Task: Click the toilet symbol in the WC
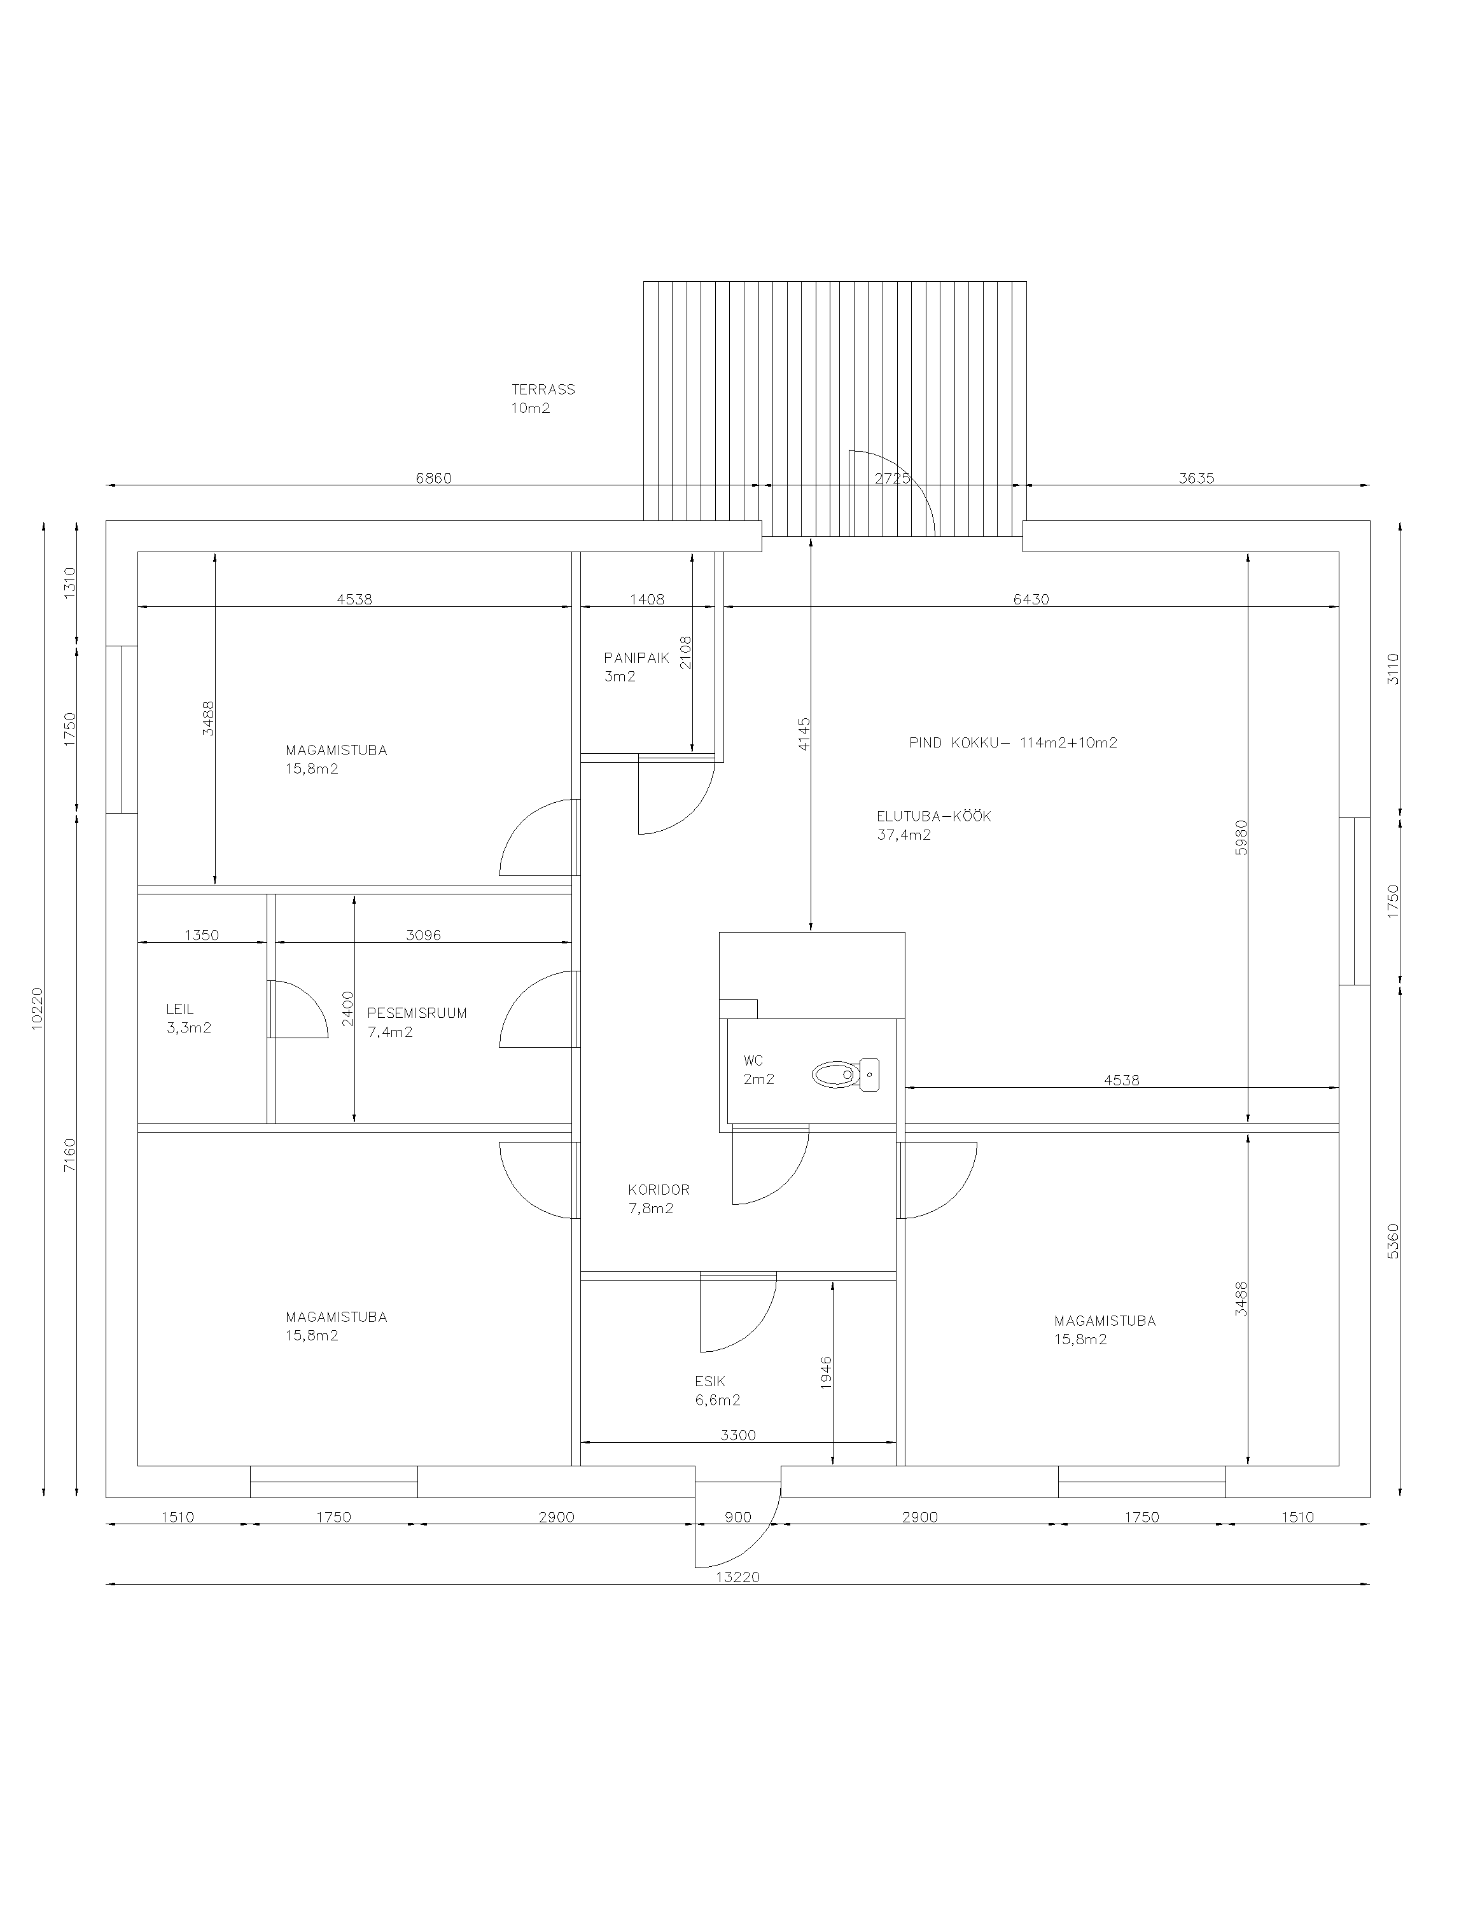click(845, 1074)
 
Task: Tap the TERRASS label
click(543, 389)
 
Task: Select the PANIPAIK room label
click(636, 658)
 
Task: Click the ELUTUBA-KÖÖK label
click(934, 817)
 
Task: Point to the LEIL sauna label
click(180, 1009)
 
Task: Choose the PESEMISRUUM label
click(417, 1013)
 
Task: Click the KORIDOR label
click(659, 1190)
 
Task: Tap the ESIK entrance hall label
click(710, 1381)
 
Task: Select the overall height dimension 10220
click(37, 1009)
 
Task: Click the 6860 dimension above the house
click(433, 478)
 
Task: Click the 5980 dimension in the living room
click(1241, 837)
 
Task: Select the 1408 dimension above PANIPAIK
click(647, 599)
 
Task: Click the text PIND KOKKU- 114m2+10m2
click(1014, 742)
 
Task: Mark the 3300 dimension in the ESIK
click(738, 1435)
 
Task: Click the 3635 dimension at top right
click(1196, 478)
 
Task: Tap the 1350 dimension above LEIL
click(201, 935)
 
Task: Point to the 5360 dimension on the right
click(1393, 1241)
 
